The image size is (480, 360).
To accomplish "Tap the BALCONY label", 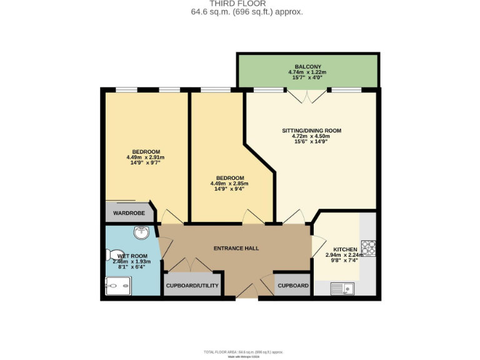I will coord(308,66).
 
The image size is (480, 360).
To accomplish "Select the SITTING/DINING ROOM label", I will coord(311,131).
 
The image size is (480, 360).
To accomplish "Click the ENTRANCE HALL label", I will coord(236,248).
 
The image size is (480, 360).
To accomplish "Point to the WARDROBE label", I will coord(129,213).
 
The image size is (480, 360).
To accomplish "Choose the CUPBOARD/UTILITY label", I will coord(192,286).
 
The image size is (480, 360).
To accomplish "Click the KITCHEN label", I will coord(345,249).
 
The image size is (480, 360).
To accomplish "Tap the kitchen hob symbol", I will coord(367,248).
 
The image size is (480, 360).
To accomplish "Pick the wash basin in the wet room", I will coord(142,232).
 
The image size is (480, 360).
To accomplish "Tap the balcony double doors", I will coord(306,96).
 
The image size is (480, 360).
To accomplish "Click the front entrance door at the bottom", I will coord(247,291).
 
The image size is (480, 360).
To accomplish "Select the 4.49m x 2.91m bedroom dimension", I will coord(145,157).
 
